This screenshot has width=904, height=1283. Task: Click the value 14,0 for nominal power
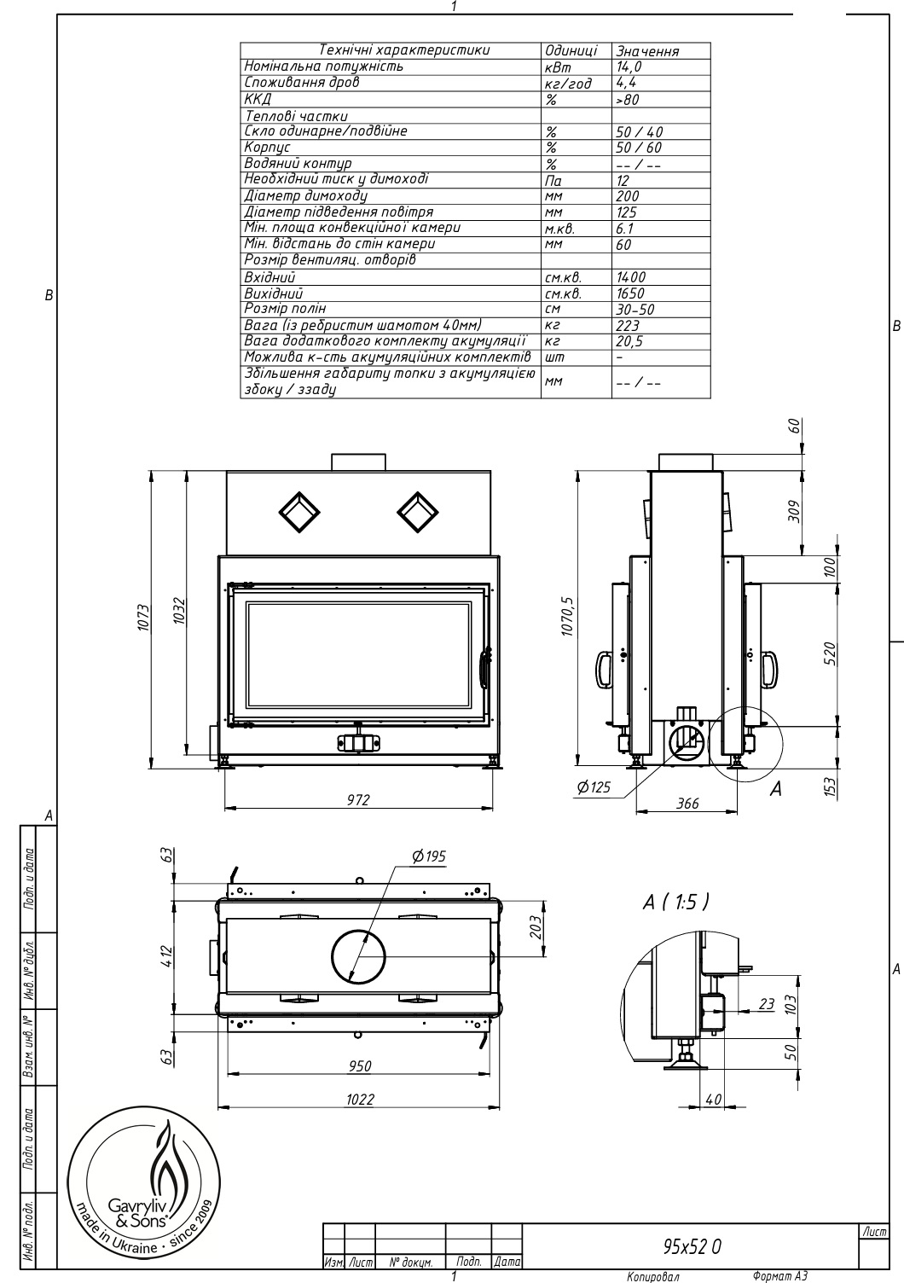[629, 67]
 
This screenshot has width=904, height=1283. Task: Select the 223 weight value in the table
[628, 326]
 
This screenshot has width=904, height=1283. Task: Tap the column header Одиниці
[571, 50]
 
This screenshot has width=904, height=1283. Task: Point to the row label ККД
[258, 99]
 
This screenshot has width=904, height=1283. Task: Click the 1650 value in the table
[630, 293]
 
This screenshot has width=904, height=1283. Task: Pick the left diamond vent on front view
[299, 512]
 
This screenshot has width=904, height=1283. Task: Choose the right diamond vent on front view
[418, 512]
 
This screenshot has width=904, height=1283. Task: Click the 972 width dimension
[358, 799]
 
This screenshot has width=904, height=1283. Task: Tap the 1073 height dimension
[143, 618]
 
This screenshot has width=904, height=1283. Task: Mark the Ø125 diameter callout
[594, 787]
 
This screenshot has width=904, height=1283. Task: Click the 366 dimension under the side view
[687, 804]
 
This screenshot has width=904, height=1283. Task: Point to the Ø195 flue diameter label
[428, 856]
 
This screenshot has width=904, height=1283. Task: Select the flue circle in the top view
[358, 956]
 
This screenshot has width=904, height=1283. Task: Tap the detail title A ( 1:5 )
[676, 903]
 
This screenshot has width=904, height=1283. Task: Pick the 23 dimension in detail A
[767, 1004]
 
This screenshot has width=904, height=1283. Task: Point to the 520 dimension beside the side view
[832, 654]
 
